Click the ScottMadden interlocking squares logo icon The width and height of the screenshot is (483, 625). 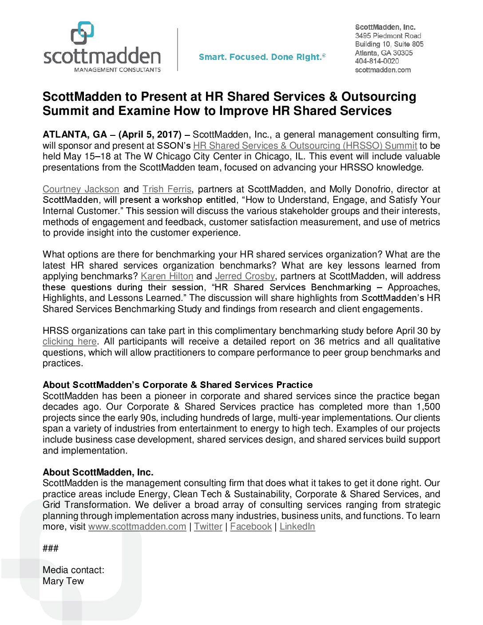click(83, 33)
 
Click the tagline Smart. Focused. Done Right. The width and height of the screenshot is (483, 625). click(262, 57)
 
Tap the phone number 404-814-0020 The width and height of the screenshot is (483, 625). click(377, 61)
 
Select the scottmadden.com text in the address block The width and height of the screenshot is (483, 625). click(383, 70)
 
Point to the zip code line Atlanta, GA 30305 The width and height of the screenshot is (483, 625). click(384, 53)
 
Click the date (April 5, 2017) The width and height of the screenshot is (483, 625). click(150, 134)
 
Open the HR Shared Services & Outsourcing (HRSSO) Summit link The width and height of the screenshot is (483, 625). click(305, 146)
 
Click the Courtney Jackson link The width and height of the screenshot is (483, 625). click(81, 189)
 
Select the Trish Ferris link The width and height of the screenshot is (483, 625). click(167, 189)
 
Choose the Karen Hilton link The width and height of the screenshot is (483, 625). click(167, 276)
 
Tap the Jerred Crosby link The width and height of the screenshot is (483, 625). click(245, 276)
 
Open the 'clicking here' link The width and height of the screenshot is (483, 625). click(70, 341)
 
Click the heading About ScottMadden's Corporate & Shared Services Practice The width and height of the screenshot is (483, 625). click(178, 385)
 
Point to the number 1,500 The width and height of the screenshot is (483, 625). click(428, 407)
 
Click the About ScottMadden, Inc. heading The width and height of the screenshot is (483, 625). click(98, 472)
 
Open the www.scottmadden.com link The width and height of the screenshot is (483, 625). click(137, 526)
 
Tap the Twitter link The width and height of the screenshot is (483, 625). click(208, 526)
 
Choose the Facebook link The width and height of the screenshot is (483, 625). click(251, 526)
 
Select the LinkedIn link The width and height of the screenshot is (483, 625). click(297, 526)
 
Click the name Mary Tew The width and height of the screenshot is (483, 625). click(63, 581)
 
